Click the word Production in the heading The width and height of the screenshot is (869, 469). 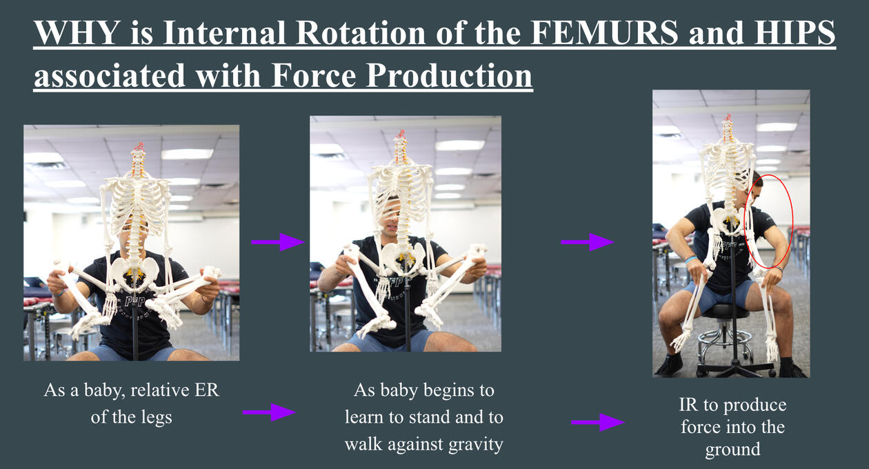449,76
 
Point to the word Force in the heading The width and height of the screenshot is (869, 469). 313,75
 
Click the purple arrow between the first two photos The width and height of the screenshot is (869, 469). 278,242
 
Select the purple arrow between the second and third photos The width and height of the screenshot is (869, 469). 588,242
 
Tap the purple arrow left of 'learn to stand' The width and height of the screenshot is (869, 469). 269,412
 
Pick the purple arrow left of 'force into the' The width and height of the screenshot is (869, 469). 598,422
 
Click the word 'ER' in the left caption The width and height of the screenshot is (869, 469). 206,390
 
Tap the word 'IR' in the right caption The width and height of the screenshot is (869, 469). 688,405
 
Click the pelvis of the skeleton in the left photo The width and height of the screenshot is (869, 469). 134,272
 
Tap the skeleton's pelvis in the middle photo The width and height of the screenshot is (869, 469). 403,256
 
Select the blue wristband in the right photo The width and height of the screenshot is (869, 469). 691,259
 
